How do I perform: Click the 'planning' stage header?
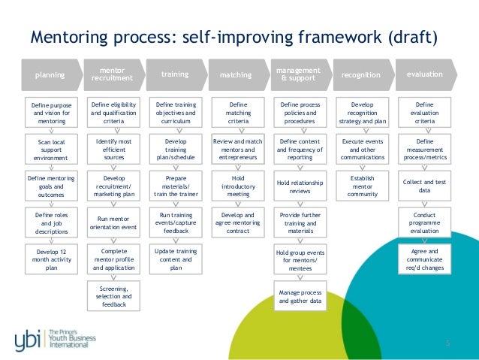click(50, 75)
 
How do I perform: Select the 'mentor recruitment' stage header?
click(112, 74)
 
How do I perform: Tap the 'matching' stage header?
click(236, 75)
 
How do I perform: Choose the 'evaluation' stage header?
click(424, 74)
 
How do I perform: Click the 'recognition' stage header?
click(361, 75)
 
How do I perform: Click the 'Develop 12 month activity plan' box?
click(50, 258)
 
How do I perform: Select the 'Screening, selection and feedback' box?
click(113, 295)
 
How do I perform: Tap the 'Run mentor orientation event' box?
click(113, 222)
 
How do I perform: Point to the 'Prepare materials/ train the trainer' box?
click(175, 185)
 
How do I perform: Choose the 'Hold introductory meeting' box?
click(238, 185)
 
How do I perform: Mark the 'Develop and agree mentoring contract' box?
click(238, 222)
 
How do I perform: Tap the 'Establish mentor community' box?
click(363, 185)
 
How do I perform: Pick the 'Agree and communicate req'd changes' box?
click(425, 258)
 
